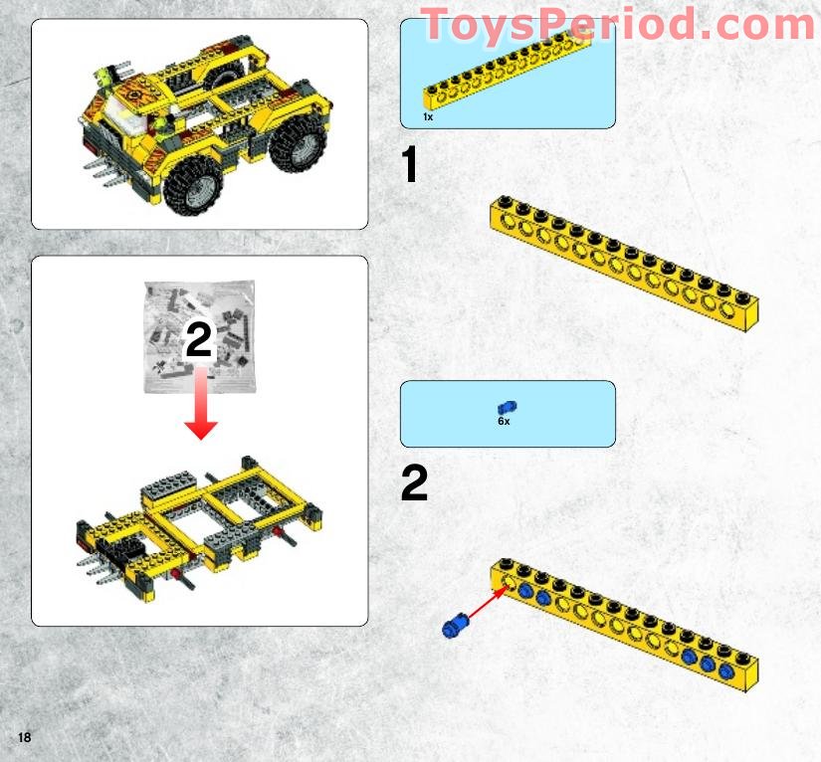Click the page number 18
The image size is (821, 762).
(x=24, y=737)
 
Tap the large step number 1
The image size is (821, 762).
(x=409, y=166)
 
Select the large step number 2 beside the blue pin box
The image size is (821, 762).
(x=414, y=484)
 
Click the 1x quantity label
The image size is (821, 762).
(x=428, y=117)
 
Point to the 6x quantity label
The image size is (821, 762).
(x=504, y=422)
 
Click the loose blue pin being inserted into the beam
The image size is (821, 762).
(x=456, y=626)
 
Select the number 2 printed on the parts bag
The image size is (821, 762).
(x=199, y=341)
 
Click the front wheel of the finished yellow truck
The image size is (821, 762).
(x=196, y=184)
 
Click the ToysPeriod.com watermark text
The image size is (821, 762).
(x=617, y=25)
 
